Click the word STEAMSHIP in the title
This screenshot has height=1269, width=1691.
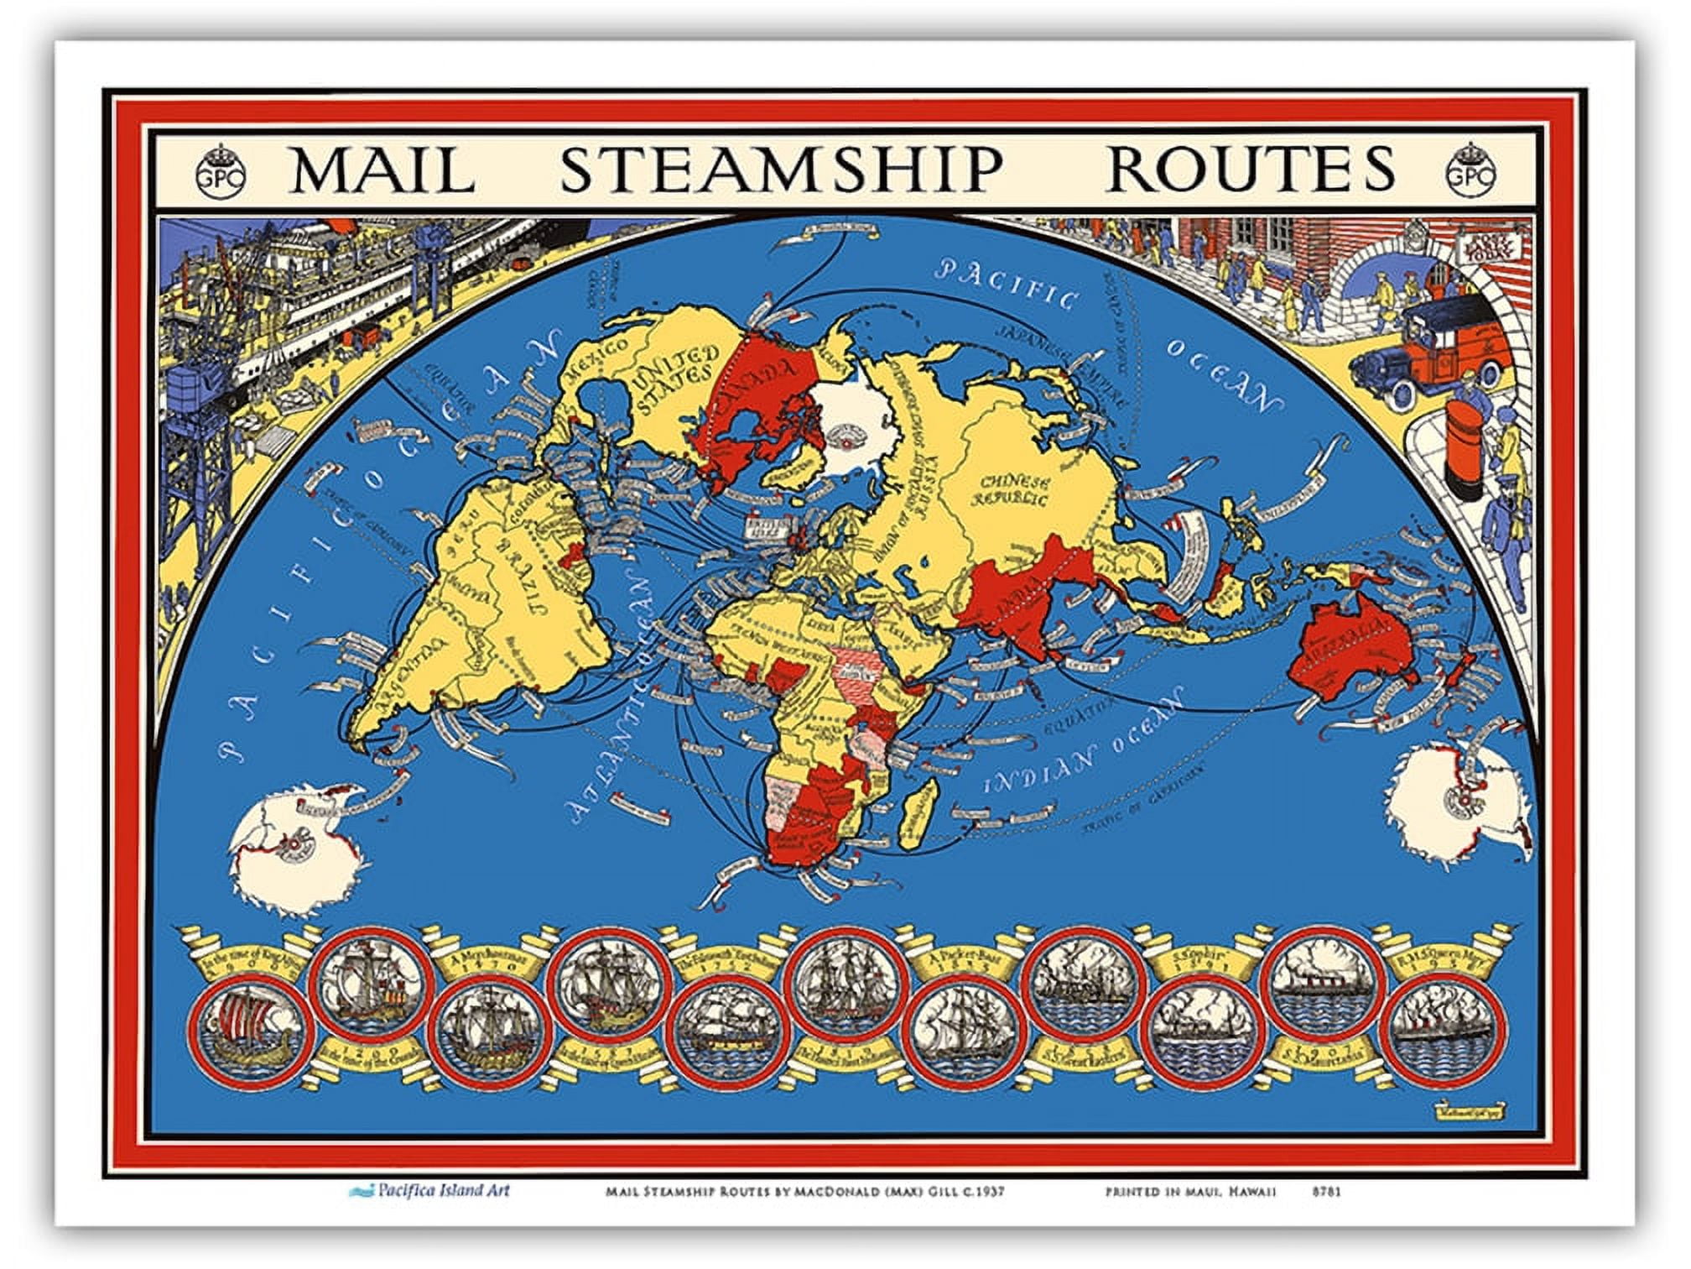pos(780,170)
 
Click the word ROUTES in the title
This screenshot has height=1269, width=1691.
pos(1251,170)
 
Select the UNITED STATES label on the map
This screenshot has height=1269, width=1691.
pos(676,378)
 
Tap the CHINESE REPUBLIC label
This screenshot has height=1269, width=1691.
pos(1014,491)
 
